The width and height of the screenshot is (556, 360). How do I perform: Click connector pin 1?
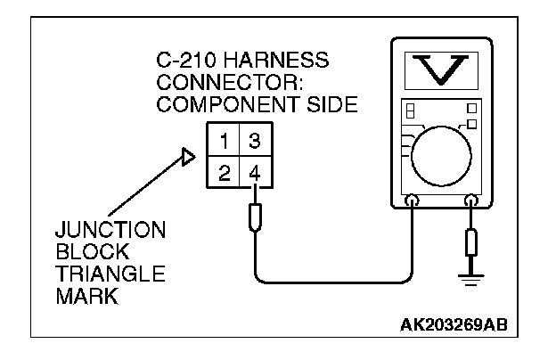[226, 142]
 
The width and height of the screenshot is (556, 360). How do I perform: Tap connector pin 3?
[254, 142]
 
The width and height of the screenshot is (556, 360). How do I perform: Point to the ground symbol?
[470, 270]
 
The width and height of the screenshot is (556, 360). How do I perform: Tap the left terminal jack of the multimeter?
[413, 200]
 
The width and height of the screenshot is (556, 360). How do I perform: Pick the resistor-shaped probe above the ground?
[470, 241]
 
